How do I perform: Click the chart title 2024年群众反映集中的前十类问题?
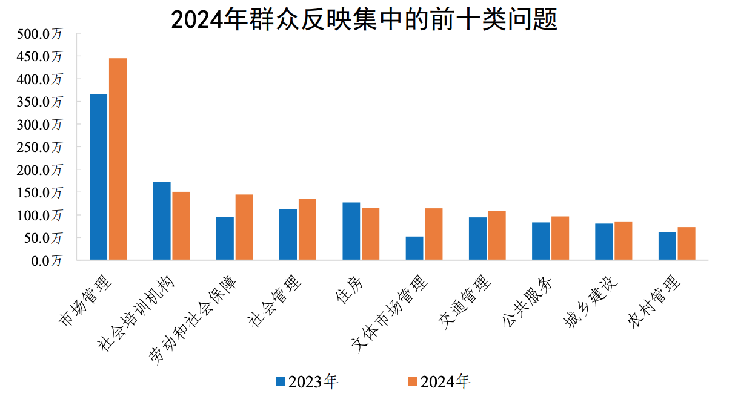[364, 20]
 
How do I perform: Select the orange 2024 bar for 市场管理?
[118, 159]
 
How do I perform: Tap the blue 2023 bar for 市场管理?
[98, 177]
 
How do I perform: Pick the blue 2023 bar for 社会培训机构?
[162, 221]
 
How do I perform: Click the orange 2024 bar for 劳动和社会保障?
[244, 227]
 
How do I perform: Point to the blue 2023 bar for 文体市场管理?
[414, 248]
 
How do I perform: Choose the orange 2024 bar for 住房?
[370, 234]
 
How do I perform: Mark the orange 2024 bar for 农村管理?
[686, 243]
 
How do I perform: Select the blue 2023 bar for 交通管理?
[477, 239]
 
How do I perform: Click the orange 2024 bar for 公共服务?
[560, 238]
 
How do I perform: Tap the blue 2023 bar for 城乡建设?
[604, 242]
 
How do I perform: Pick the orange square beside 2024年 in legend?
[413, 381]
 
